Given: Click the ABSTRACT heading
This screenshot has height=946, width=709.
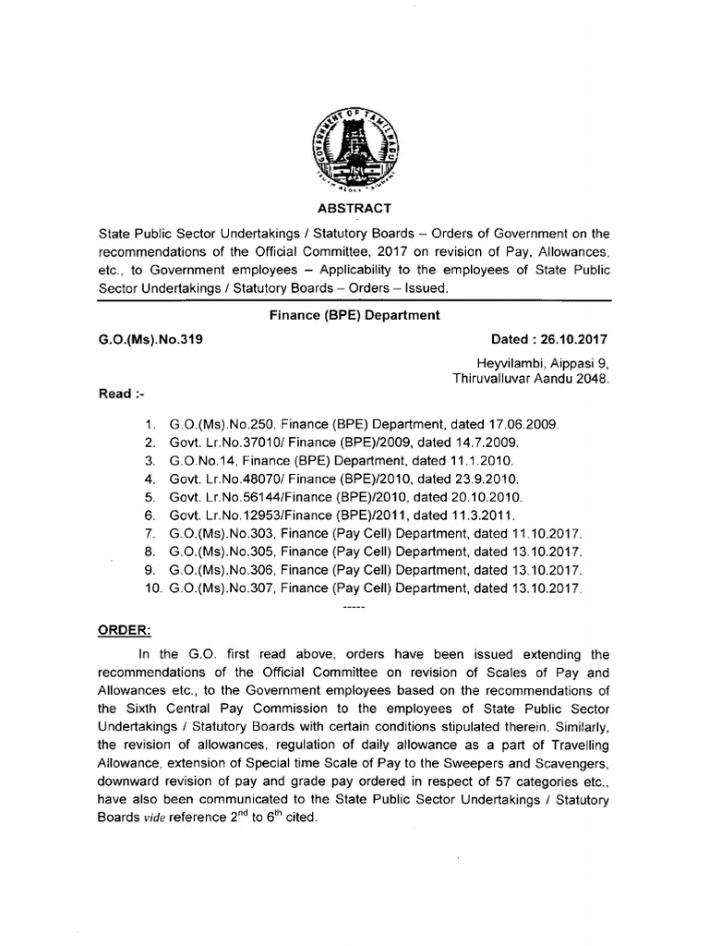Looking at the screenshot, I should (x=354, y=209).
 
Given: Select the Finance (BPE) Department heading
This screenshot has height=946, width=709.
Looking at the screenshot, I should (x=354, y=315).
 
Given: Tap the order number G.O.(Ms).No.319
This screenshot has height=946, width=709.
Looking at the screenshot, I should (x=150, y=339).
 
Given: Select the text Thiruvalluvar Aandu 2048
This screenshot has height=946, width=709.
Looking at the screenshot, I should (x=531, y=379).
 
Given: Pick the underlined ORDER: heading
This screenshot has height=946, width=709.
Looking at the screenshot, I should (x=125, y=630).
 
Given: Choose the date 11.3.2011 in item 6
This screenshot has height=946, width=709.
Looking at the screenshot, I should (x=489, y=515).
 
